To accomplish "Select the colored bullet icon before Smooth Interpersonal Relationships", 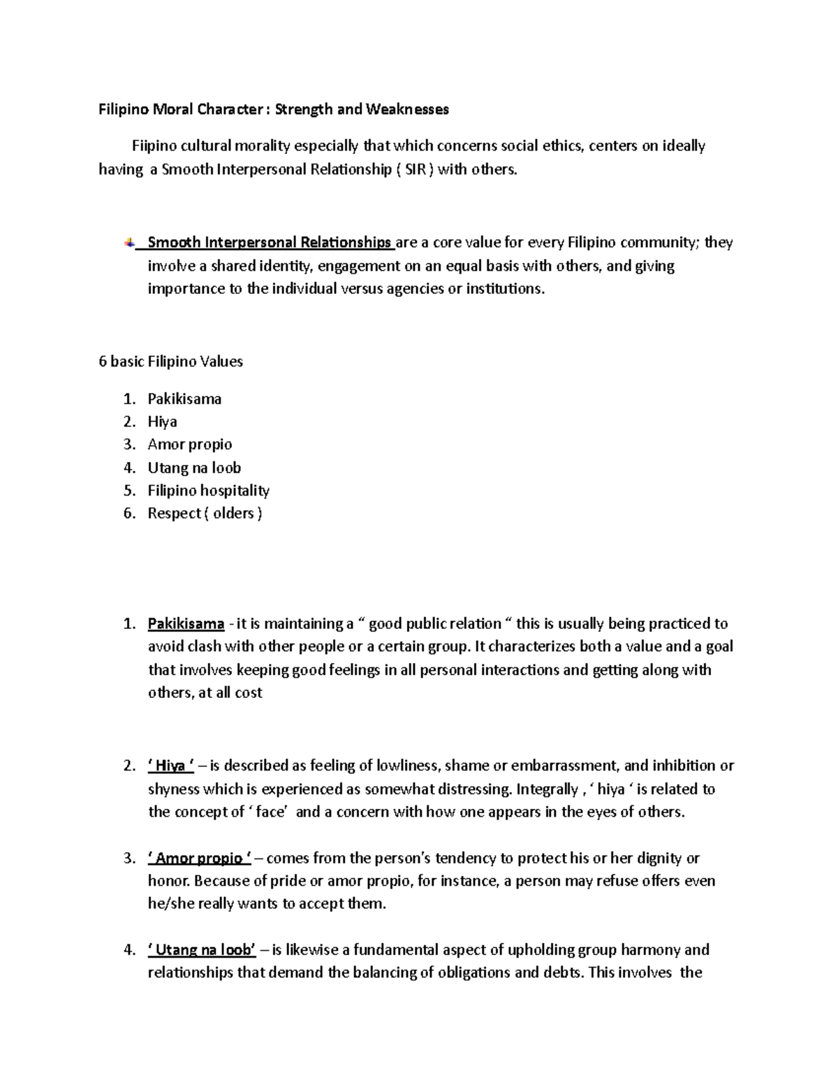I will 130,243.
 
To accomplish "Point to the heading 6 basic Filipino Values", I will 170,362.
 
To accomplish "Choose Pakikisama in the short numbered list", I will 184,399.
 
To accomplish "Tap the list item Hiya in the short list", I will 162,422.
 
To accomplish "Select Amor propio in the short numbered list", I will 189,445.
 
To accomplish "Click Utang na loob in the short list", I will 194,468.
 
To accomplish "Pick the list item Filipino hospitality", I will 208,491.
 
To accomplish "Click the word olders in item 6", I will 233,514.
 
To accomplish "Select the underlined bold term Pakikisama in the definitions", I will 186,624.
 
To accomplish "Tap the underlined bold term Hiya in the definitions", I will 170,766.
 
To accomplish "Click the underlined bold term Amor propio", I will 195,859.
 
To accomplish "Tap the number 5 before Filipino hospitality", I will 127,491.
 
